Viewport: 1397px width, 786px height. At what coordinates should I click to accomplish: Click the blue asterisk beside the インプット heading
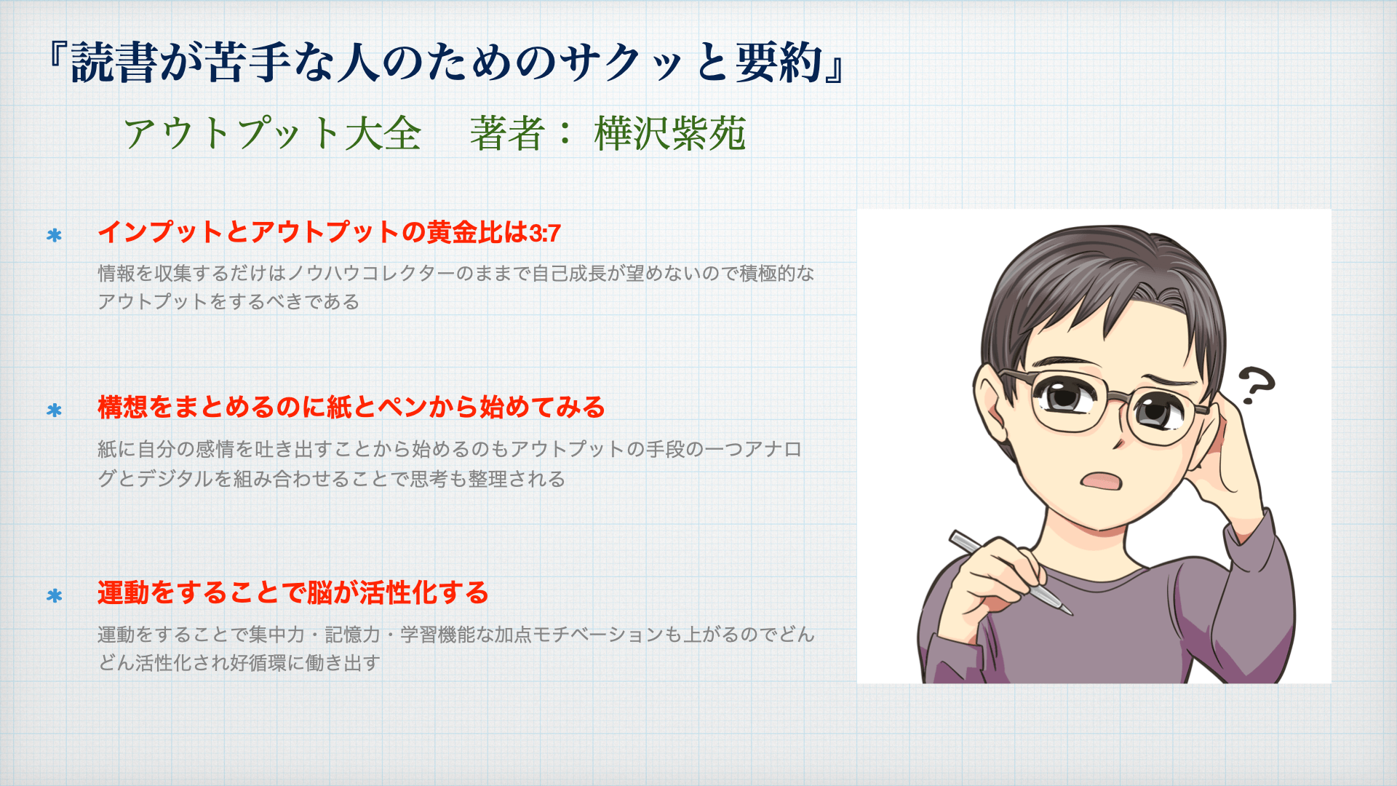coord(54,235)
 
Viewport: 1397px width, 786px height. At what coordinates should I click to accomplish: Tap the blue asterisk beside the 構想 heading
coord(54,410)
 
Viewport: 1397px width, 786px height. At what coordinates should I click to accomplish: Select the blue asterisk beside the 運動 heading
coord(54,596)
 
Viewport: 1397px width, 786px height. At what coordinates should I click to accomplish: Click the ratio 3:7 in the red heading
coord(545,234)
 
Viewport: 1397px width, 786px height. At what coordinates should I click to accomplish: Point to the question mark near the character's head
coord(1256,385)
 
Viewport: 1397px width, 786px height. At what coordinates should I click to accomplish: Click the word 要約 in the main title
coord(779,63)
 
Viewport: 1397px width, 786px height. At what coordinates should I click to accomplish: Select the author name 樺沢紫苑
coord(669,133)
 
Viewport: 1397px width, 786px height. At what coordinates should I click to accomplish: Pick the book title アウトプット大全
coord(272,133)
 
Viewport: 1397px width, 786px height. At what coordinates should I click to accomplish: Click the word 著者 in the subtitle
coord(507,133)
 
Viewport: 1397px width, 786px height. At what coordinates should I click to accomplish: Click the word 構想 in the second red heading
coord(123,407)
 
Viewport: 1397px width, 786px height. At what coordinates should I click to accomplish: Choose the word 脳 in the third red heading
coord(319,592)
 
